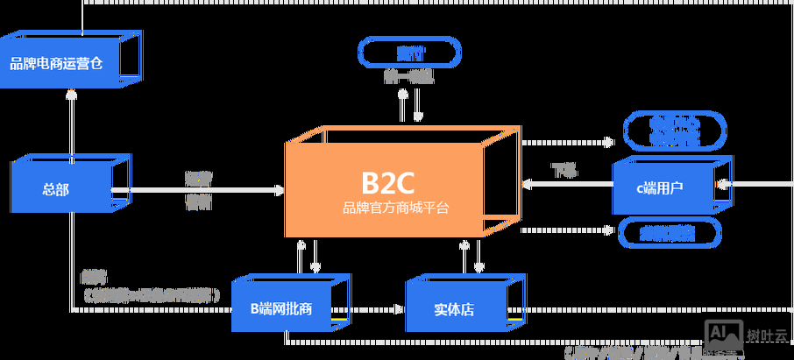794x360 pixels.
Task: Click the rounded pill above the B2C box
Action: pos(409,53)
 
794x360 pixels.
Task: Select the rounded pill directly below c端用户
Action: pos(670,232)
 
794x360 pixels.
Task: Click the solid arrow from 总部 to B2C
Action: pos(202,190)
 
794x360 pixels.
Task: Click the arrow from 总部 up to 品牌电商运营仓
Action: pos(71,123)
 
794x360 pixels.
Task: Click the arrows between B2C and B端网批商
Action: pos(308,256)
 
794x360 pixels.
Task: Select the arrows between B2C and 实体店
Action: pos(471,256)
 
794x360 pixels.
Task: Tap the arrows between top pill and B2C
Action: pos(409,105)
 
